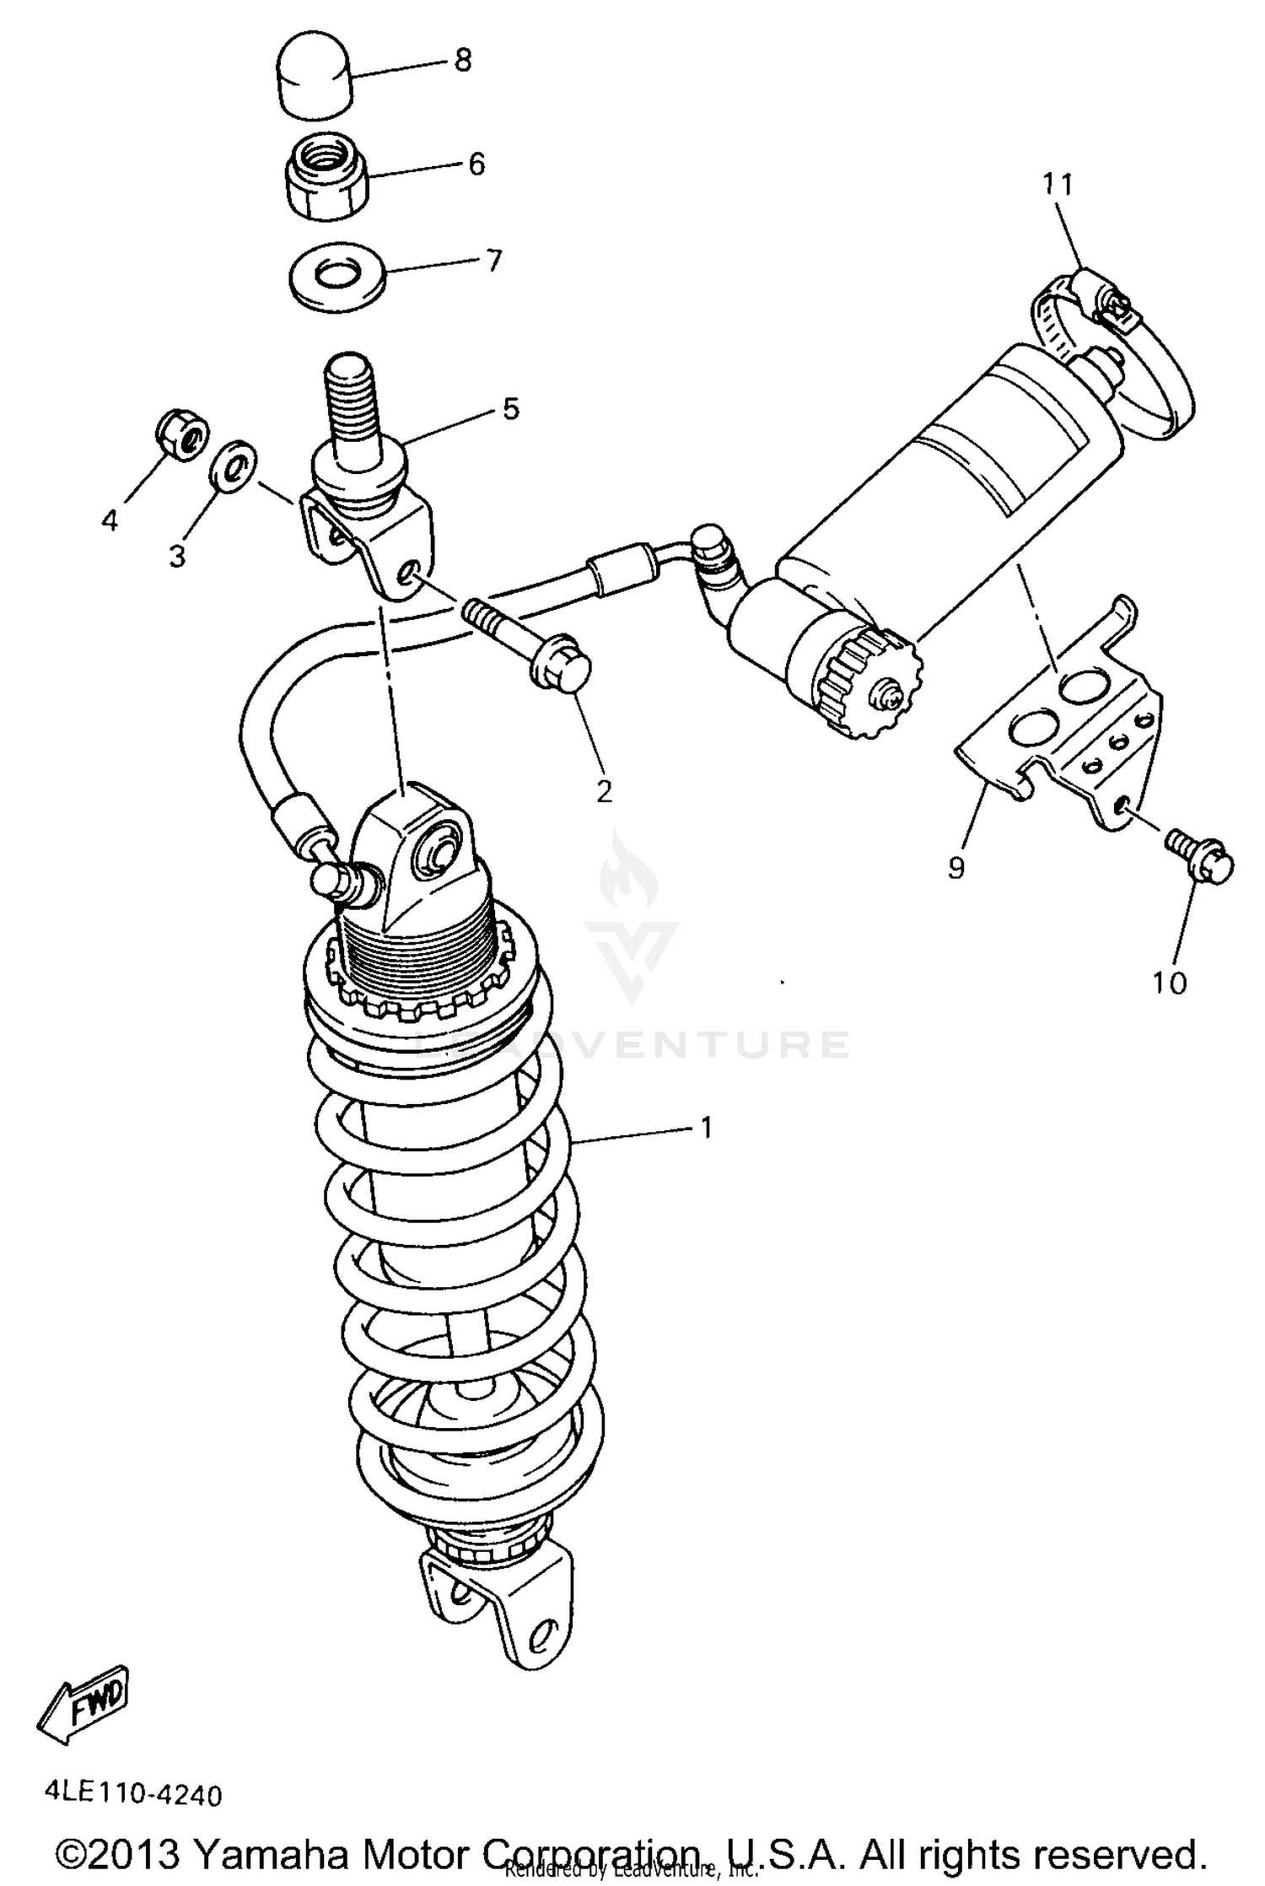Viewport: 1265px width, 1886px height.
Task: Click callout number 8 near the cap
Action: pyautogui.click(x=462, y=61)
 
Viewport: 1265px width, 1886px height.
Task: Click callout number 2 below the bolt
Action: pyautogui.click(x=604, y=791)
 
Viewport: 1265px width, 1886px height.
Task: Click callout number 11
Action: pyautogui.click(x=1058, y=183)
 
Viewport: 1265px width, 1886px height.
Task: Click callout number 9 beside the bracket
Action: pyautogui.click(x=955, y=867)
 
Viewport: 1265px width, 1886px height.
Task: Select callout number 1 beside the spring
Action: pyautogui.click(x=706, y=1127)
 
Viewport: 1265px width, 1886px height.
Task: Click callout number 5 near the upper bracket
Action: pyautogui.click(x=511, y=409)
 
